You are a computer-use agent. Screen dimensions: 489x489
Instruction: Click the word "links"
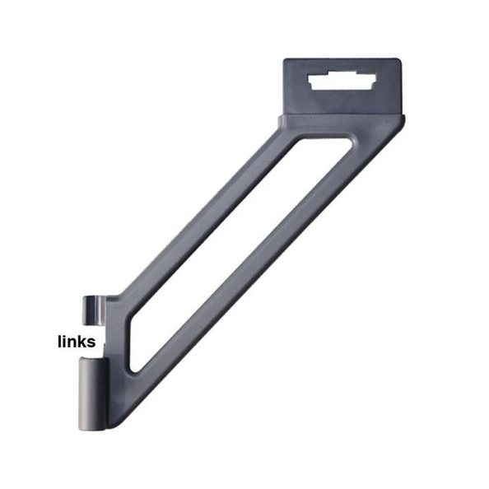click(x=77, y=341)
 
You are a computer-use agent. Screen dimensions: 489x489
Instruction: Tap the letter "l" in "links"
click(x=59, y=340)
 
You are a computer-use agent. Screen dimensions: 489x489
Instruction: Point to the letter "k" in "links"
click(x=82, y=340)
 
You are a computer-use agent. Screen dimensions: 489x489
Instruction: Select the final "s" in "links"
click(x=91, y=342)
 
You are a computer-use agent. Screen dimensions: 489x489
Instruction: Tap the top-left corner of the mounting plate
click(x=285, y=60)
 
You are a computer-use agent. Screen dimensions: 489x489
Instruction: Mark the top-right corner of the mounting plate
click(x=400, y=60)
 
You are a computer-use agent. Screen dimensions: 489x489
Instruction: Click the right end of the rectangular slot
click(x=375, y=85)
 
